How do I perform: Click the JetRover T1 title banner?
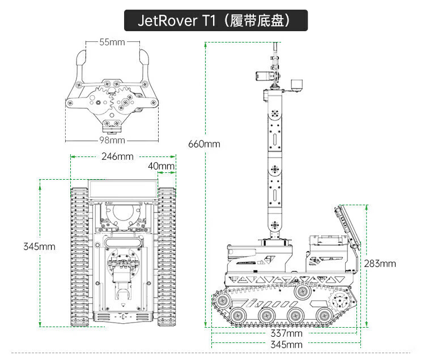tap(215, 21)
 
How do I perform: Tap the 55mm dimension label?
tap(112, 42)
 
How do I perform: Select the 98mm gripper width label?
tap(112, 140)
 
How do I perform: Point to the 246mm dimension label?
tap(117, 156)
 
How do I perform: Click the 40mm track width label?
tap(161, 166)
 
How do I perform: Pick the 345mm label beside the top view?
tap(39, 247)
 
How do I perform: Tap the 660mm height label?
tap(204, 144)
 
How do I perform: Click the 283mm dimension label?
tap(380, 264)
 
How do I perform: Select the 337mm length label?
tap(286, 333)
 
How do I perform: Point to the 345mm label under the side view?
tap(286, 345)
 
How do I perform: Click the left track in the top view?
tap(79, 255)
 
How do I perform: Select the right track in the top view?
tap(167, 255)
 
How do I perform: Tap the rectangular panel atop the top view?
tap(122, 189)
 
